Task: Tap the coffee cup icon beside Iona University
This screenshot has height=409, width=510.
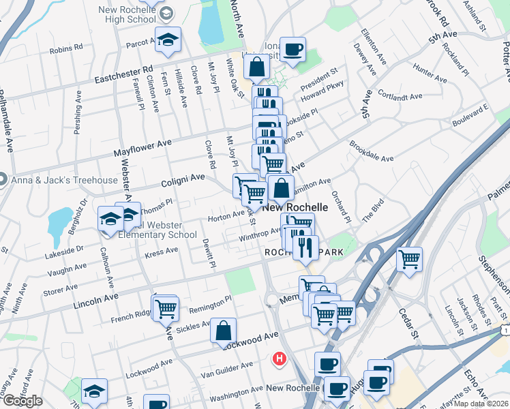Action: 292,50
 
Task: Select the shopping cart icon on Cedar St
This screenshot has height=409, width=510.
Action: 409,259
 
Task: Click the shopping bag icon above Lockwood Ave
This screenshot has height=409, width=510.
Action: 223,331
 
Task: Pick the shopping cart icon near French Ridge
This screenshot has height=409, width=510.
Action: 166,308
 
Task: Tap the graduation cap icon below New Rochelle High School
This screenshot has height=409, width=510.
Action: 167,40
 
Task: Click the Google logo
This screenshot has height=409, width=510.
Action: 22,401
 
